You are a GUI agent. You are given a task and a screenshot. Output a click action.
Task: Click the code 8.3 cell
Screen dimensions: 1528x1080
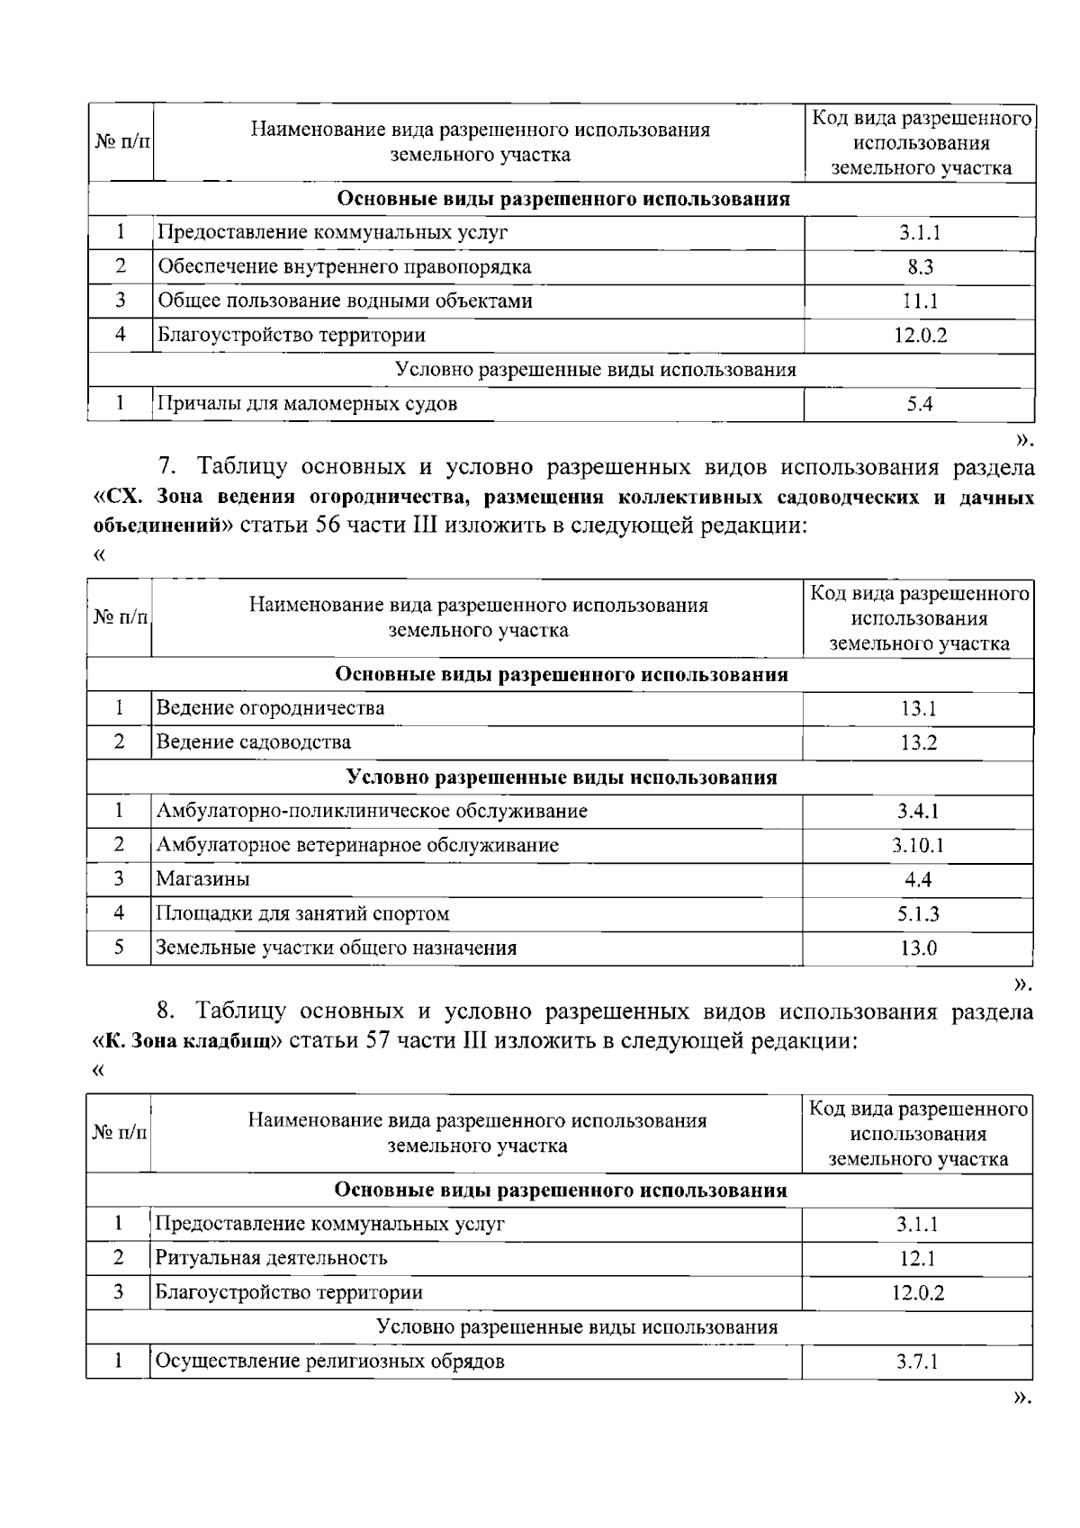point(919,267)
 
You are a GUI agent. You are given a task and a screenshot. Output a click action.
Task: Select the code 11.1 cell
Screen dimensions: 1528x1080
point(919,301)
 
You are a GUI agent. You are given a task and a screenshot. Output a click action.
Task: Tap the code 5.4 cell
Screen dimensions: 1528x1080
point(919,404)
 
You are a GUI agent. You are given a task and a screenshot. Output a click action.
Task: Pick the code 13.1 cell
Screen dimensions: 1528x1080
point(918,709)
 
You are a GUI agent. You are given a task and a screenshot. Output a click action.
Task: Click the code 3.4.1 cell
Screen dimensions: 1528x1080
point(918,812)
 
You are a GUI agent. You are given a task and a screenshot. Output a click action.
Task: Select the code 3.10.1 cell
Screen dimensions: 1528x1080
point(918,846)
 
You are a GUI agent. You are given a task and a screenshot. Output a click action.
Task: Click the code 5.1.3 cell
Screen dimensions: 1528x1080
point(918,914)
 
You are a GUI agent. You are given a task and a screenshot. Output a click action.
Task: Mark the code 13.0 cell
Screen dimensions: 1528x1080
point(918,948)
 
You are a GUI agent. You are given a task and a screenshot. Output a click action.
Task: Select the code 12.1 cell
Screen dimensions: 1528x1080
point(917,1259)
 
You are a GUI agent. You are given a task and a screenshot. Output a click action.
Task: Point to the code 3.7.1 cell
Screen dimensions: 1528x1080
point(917,1362)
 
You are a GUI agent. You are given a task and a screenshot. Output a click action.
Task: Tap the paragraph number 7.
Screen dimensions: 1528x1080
point(166,467)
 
